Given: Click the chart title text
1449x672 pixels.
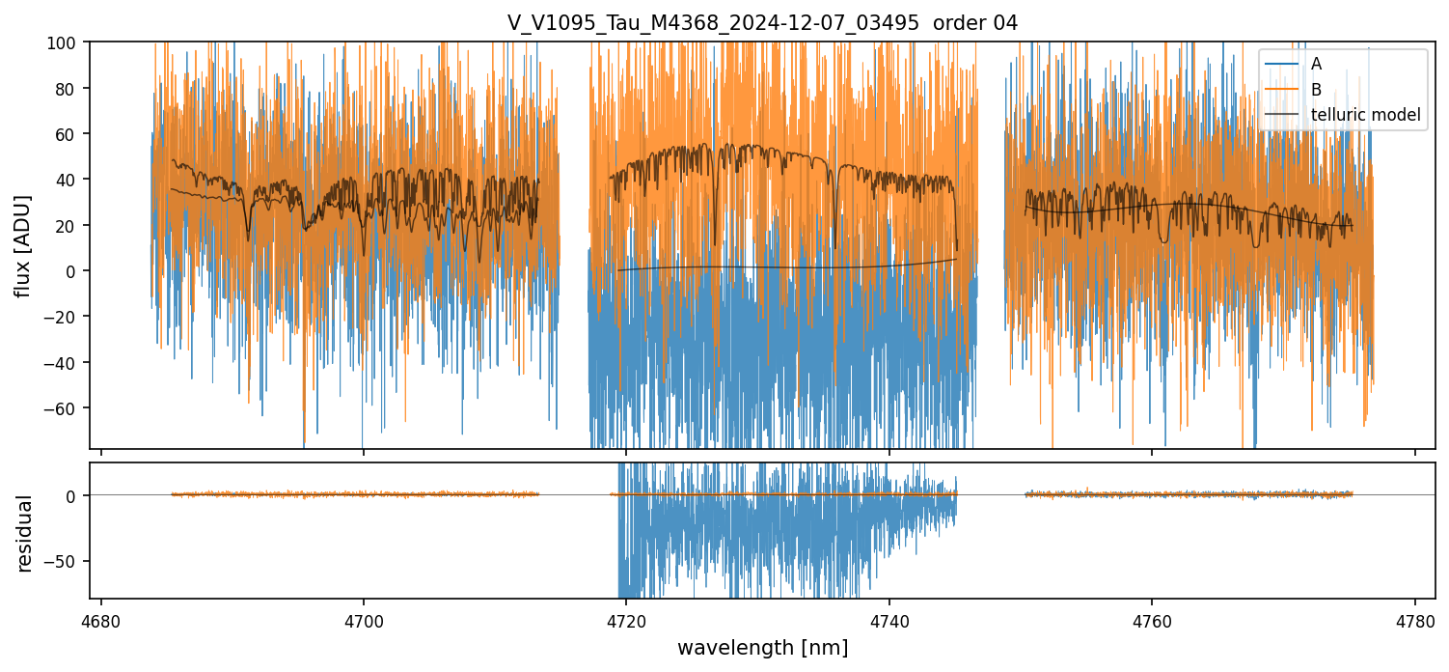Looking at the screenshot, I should (762, 23).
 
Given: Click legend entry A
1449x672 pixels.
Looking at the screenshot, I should (1317, 64).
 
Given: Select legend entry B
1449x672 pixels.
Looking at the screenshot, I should (1317, 89).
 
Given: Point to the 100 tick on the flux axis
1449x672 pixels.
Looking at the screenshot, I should (69, 42).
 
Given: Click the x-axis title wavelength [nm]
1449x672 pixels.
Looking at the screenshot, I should (762, 647).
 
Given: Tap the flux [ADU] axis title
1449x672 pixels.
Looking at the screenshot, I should (23, 245).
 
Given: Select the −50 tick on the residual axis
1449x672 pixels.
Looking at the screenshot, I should (67, 561).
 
